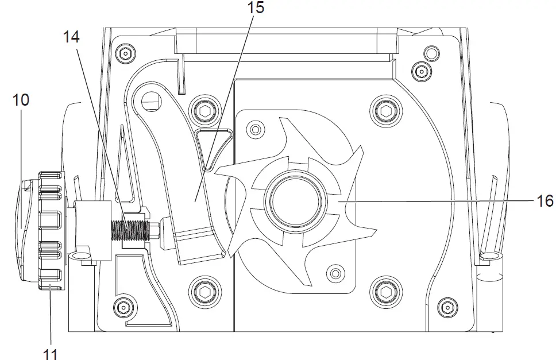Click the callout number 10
coord(21,99)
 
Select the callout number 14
coord(72,38)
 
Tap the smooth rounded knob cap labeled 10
coord(25,230)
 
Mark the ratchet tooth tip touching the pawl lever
coord(215,169)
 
